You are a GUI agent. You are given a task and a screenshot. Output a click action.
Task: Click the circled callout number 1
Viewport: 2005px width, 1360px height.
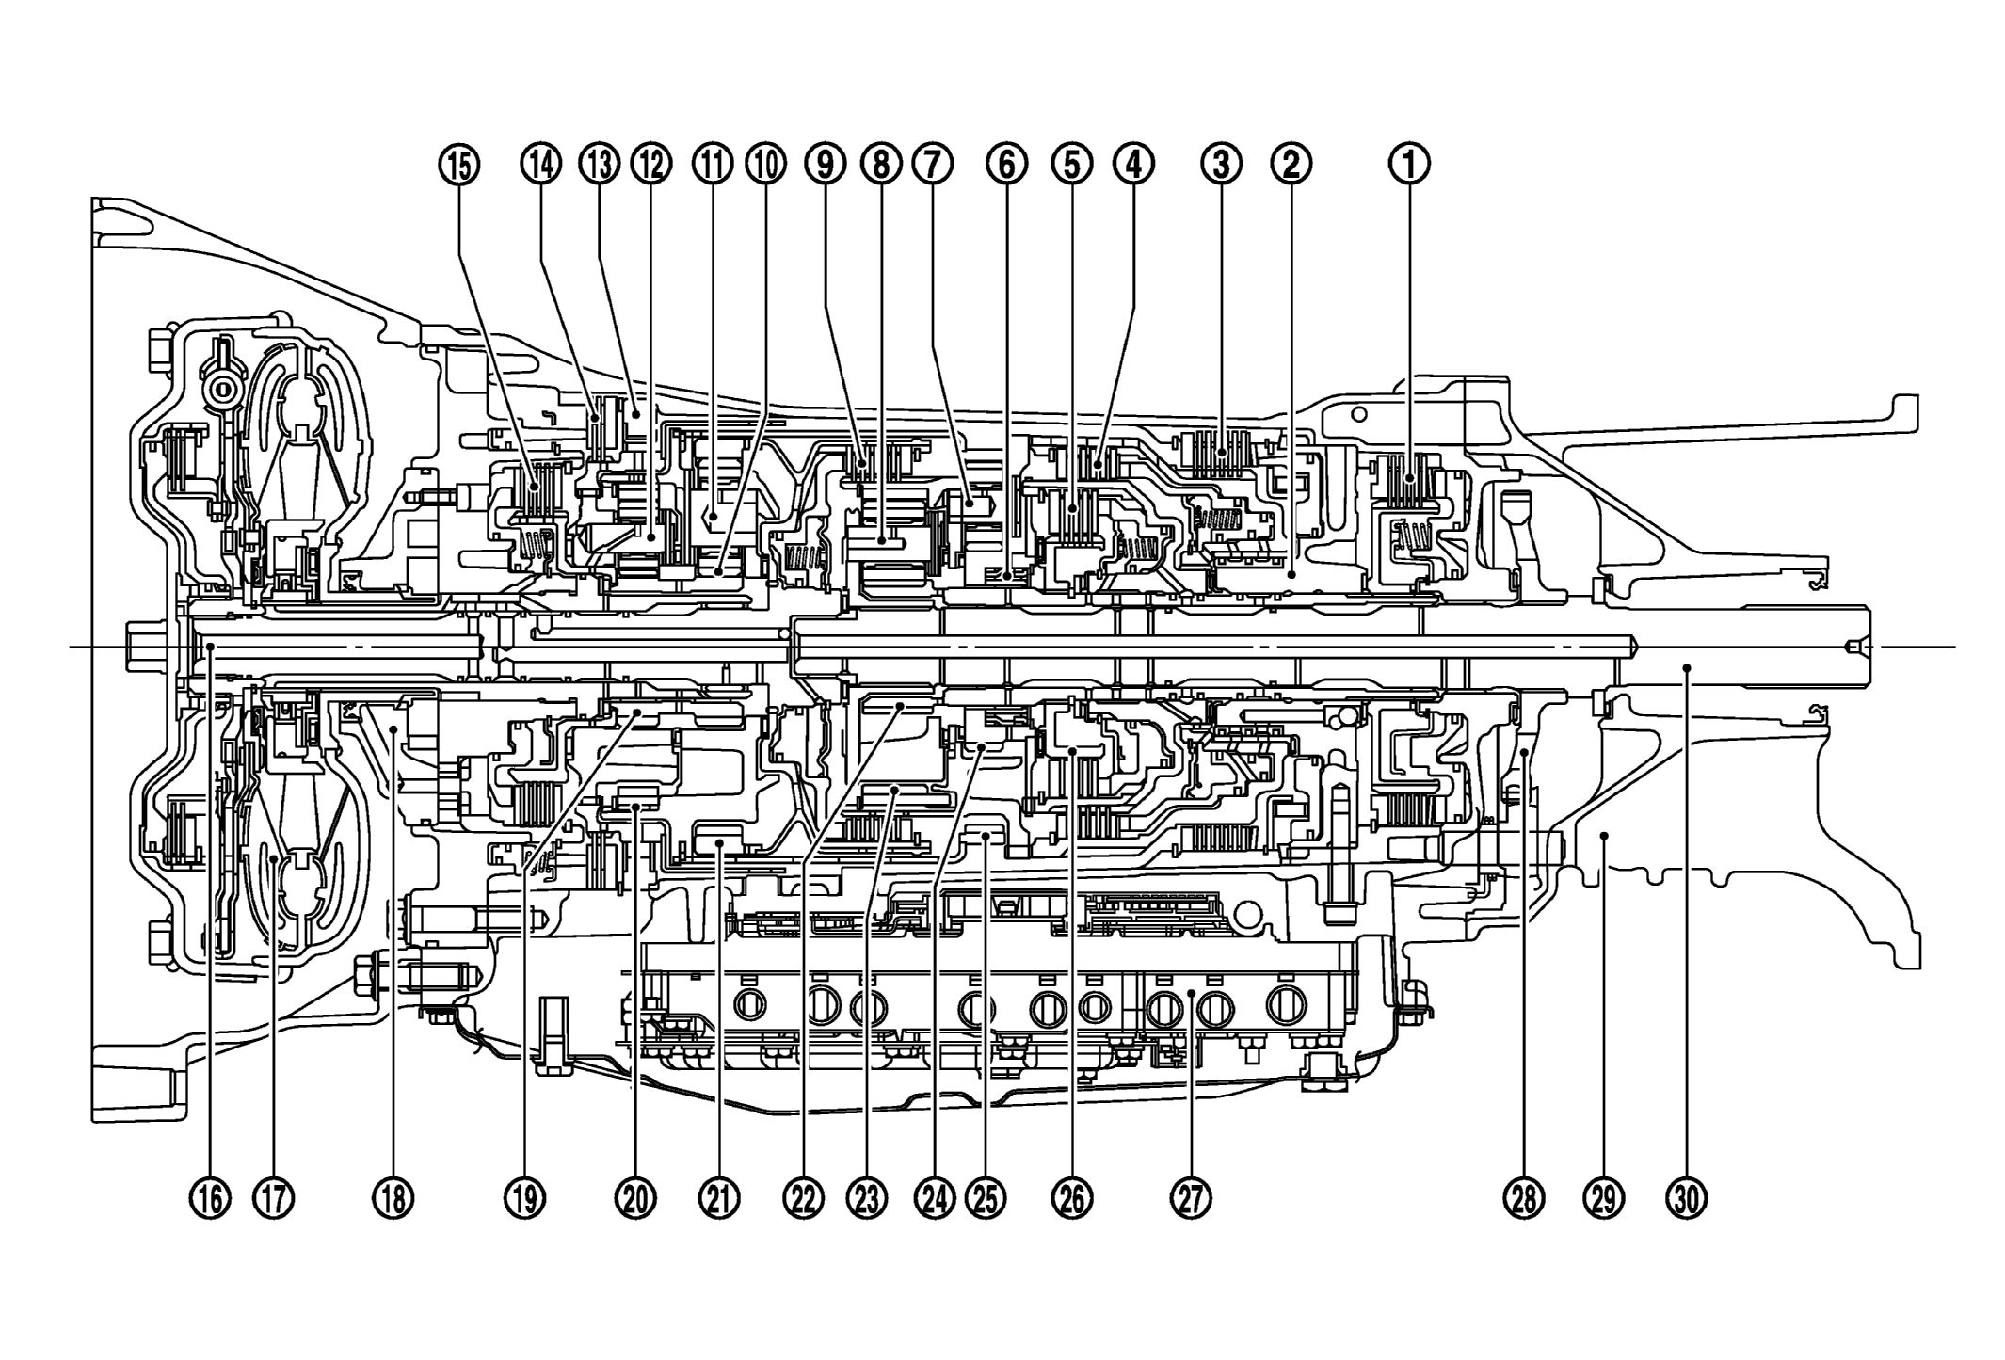[1409, 165]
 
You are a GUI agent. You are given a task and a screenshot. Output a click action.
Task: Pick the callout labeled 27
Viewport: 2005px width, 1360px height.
[1192, 1198]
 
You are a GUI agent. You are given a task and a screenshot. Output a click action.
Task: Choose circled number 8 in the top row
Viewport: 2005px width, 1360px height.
[880, 165]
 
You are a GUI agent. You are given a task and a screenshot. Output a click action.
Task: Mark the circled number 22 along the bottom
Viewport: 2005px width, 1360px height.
[802, 1198]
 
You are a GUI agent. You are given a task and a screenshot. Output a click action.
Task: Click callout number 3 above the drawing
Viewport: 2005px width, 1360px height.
[1221, 165]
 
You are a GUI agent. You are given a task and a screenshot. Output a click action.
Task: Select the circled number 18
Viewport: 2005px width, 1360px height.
[393, 1198]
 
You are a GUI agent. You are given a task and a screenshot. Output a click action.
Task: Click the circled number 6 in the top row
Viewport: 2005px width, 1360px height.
[1006, 165]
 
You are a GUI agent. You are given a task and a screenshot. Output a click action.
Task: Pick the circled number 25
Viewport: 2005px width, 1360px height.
[986, 1198]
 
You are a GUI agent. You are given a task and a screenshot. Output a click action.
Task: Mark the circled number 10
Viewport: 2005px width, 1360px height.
[765, 165]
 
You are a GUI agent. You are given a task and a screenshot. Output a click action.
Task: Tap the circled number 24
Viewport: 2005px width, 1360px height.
[933, 1198]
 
